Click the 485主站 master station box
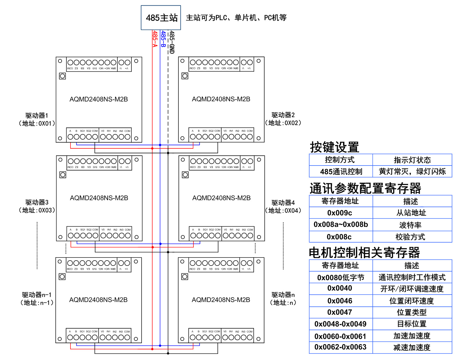pyautogui.click(x=161, y=18)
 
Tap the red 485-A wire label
pyautogui.click(x=155, y=39)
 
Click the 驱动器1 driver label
pyautogui.click(x=37, y=116)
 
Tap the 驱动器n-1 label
pyautogui.click(x=37, y=295)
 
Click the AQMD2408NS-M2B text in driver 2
pyautogui.click(x=221, y=99)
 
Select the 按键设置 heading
pyautogui.click(x=334, y=147)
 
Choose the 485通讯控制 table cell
pyautogui.click(x=341, y=172)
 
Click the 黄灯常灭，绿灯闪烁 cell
pyautogui.click(x=412, y=171)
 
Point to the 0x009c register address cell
pyautogui.click(x=340, y=213)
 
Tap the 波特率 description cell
pyautogui.click(x=410, y=225)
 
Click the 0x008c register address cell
pyautogui.click(x=339, y=237)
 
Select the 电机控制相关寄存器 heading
pyautogui.click(x=364, y=252)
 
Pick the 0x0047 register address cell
pyautogui.click(x=340, y=312)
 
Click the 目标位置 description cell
pyautogui.click(x=412, y=324)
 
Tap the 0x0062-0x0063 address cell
pyautogui.click(x=340, y=347)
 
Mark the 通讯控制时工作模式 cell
pyautogui.click(x=412, y=277)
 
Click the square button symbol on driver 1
pyautogui.click(x=62, y=76)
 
